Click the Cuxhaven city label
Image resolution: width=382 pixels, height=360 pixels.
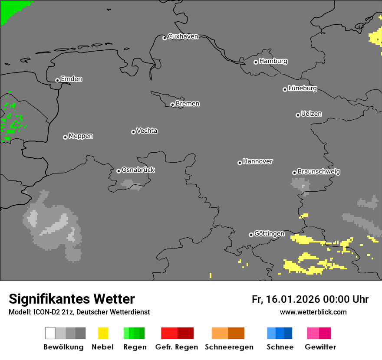pyautogui.click(x=183, y=36)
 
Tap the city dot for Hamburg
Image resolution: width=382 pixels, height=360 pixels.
pyautogui.click(x=256, y=62)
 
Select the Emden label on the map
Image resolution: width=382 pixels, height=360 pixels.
pyautogui.click(x=71, y=79)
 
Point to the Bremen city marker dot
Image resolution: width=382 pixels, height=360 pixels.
pyautogui.click(x=172, y=105)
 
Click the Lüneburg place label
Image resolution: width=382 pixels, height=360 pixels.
pyautogui.click(x=303, y=88)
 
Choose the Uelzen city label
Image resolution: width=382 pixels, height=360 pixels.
pyautogui.click(x=311, y=114)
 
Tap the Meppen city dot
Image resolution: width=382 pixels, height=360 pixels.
pyautogui.click(x=65, y=137)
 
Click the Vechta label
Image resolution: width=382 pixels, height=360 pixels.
pyautogui.click(x=147, y=131)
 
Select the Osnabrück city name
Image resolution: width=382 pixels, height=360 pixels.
pyautogui.click(x=138, y=170)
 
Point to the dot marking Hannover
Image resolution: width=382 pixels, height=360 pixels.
pyautogui.click(x=240, y=163)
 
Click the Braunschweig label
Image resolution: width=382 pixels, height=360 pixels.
pyautogui.click(x=319, y=172)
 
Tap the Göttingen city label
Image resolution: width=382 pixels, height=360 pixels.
pyautogui.click(x=269, y=234)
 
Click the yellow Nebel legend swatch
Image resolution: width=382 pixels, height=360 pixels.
pyautogui.click(x=103, y=333)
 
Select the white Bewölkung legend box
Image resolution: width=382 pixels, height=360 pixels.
pyautogui.click(x=50, y=333)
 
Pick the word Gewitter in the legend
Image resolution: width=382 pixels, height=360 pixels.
pyautogui.click(x=320, y=347)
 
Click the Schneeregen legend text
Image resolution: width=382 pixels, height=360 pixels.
pyautogui.click(x=229, y=347)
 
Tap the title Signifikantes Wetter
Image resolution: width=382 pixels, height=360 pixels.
pyautogui.click(x=72, y=299)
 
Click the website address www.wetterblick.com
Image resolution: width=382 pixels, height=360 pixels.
pyautogui.click(x=313, y=312)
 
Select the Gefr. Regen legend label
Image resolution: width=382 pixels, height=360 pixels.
pyautogui.click(x=176, y=347)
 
